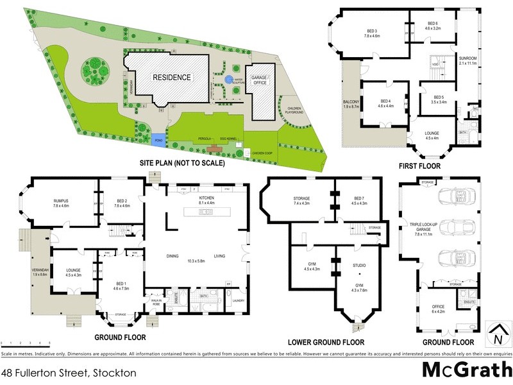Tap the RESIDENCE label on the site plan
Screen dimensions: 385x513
coord(171,78)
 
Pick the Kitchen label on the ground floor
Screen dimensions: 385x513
coord(206,198)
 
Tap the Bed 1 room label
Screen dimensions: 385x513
coord(121,284)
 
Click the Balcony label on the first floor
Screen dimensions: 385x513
coord(350,100)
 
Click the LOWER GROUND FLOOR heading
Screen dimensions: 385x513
coord(326,342)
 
